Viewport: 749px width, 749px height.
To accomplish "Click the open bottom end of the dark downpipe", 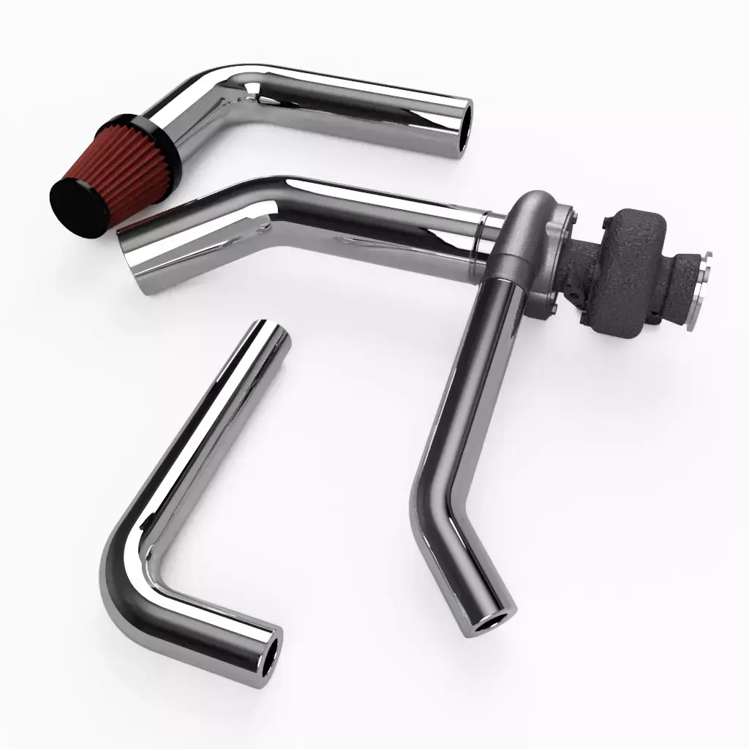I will coord(489,622).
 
